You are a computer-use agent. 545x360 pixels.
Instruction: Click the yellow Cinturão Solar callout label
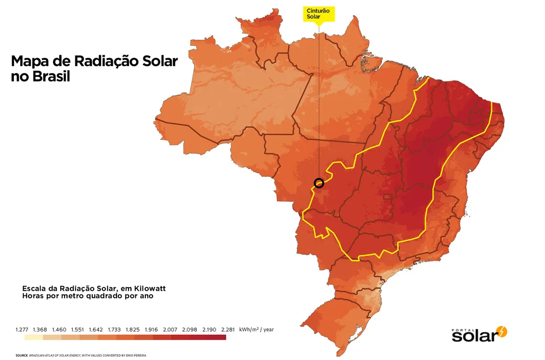pyautogui.click(x=319, y=14)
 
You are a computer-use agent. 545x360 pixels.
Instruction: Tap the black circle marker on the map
pyautogui.click(x=319, y=183)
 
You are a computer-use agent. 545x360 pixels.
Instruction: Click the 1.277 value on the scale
pyautogui.click(x=22, y=329)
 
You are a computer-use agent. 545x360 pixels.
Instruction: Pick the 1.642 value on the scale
pyautogui.click(x=96, y=329)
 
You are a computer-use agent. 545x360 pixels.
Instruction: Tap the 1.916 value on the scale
pyautogui.click(x=151, y=329)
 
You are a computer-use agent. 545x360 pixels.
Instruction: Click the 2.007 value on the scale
pyautogui.click(x=170, y=329)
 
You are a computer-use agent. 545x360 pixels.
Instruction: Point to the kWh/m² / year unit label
pyautogui.click(x=256, y=329)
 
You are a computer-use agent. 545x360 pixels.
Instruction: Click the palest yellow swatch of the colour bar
pyautogui.click(x=33, y=337)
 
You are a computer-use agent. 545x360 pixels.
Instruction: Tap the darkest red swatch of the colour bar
pyautogui.click(x=217, y=337)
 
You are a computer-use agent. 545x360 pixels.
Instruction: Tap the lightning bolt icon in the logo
pyautogui.click(x=502, y=331)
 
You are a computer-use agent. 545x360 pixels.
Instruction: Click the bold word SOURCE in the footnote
pyautogui.click(x=21, y=356)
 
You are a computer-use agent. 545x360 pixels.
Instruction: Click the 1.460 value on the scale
pyautogui.click(x=59, y=329)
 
